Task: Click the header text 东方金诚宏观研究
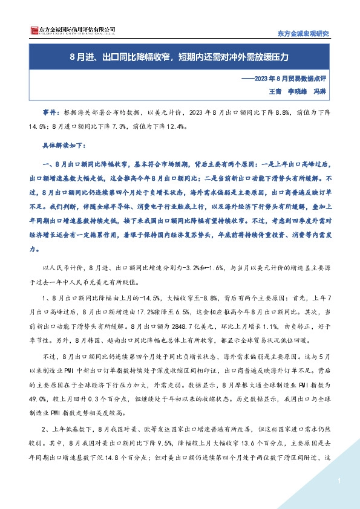point(303,33)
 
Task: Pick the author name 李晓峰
point(298,91)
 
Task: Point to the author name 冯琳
point(321,91)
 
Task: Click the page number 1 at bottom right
point(340,481)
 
